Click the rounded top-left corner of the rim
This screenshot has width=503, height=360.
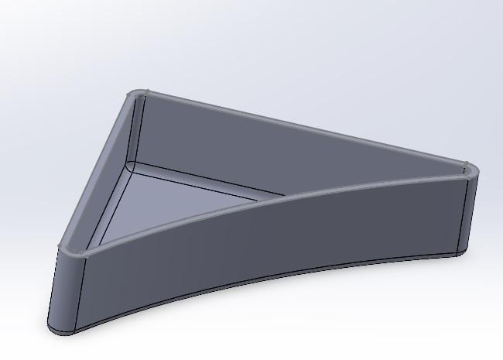pos(139,94)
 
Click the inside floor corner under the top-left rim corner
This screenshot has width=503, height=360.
pos(132,166)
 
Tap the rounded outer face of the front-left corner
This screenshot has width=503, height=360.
pos(66,290)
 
